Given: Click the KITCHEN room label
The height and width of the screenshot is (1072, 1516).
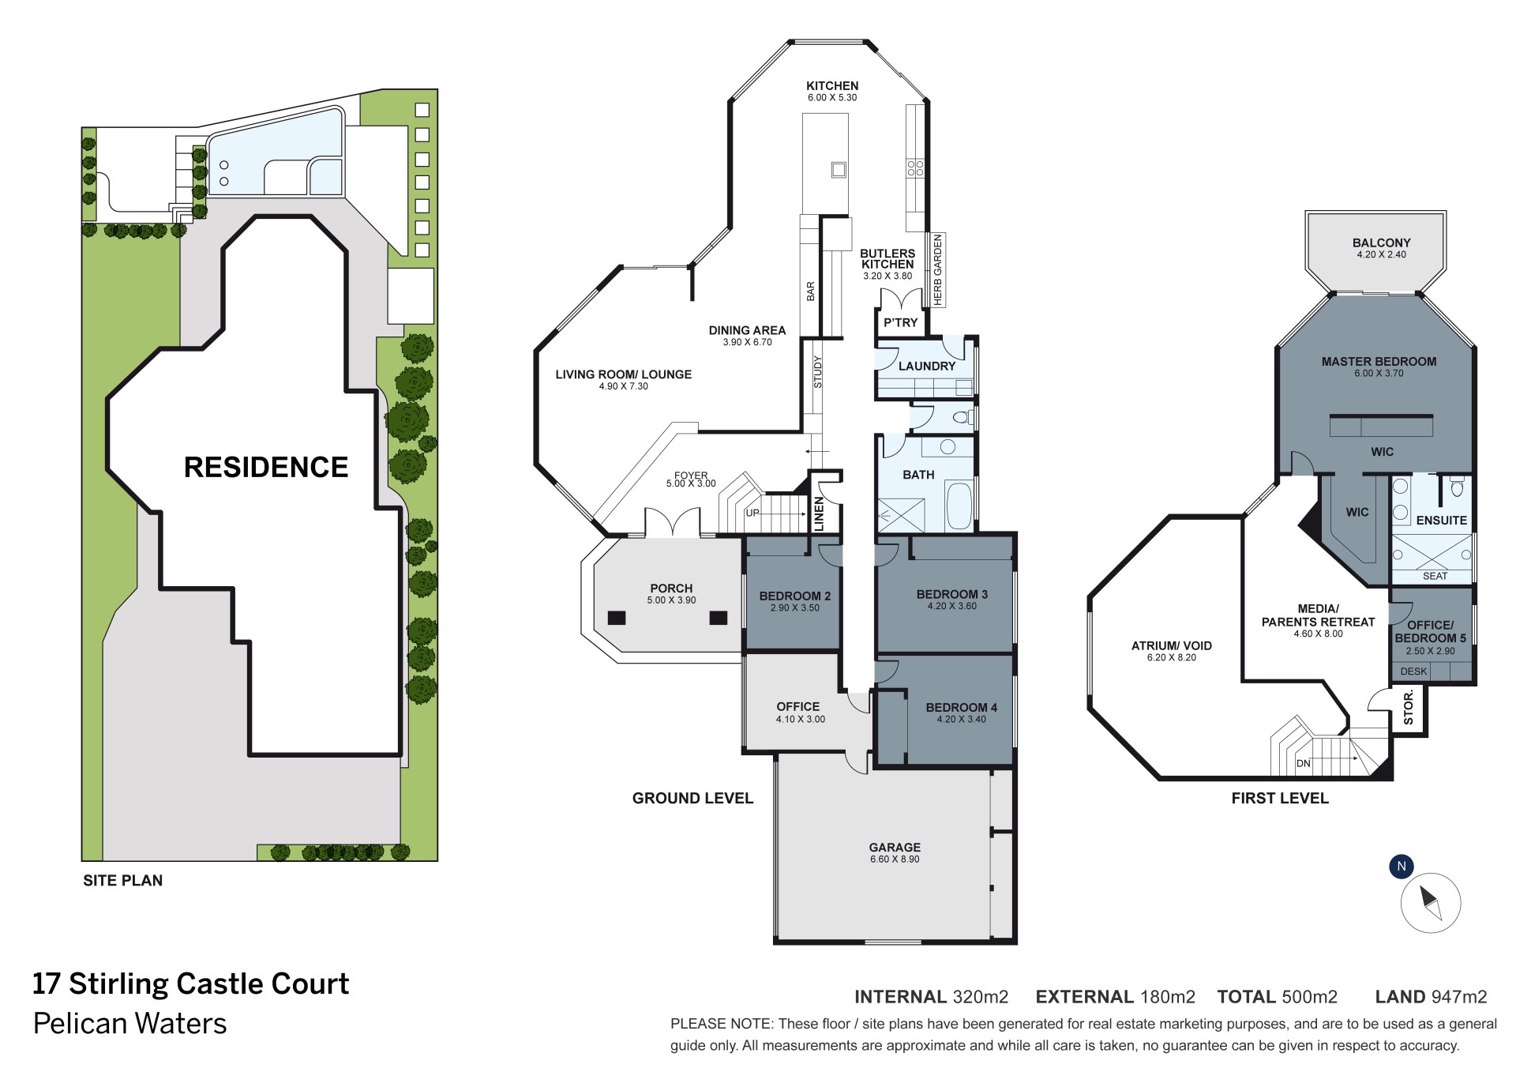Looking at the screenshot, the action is point(832,85).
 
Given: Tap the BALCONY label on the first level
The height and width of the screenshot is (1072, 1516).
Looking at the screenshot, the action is point(1381,243).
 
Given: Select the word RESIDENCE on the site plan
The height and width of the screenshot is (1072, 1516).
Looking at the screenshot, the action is point(266,467).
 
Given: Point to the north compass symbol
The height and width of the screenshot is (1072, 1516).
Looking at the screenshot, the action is point(1430,902).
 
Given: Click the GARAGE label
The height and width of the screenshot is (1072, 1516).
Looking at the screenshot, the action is point(895,848).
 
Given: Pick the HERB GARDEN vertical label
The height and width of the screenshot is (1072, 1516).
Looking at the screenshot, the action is point(938,270).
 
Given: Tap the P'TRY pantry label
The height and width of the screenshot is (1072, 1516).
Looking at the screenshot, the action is point(901,322).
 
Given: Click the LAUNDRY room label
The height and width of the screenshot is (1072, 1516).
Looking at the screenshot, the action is point(927,366).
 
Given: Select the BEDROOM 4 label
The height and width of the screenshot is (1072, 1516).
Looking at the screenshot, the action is point(961,708).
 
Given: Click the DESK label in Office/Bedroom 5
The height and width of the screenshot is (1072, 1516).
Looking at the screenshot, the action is point(1413,671).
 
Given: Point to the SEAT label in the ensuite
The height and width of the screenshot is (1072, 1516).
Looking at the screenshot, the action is point(1435,576).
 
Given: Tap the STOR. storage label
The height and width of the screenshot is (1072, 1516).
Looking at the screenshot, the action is point(1409,707).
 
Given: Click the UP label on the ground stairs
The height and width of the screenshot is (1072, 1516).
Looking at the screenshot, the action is point(752,513).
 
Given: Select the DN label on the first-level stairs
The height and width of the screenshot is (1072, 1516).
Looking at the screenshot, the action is point(1304,763).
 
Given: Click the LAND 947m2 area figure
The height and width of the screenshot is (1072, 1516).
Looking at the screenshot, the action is point(1431,997).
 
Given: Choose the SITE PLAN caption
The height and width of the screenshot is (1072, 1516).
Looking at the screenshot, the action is point(123,880).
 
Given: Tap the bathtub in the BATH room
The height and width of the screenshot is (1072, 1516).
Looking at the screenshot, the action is point(959,505).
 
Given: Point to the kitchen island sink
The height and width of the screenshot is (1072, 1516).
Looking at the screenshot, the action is point(838,169).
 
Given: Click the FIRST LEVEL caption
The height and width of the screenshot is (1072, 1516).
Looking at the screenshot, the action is point(1280,798).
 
